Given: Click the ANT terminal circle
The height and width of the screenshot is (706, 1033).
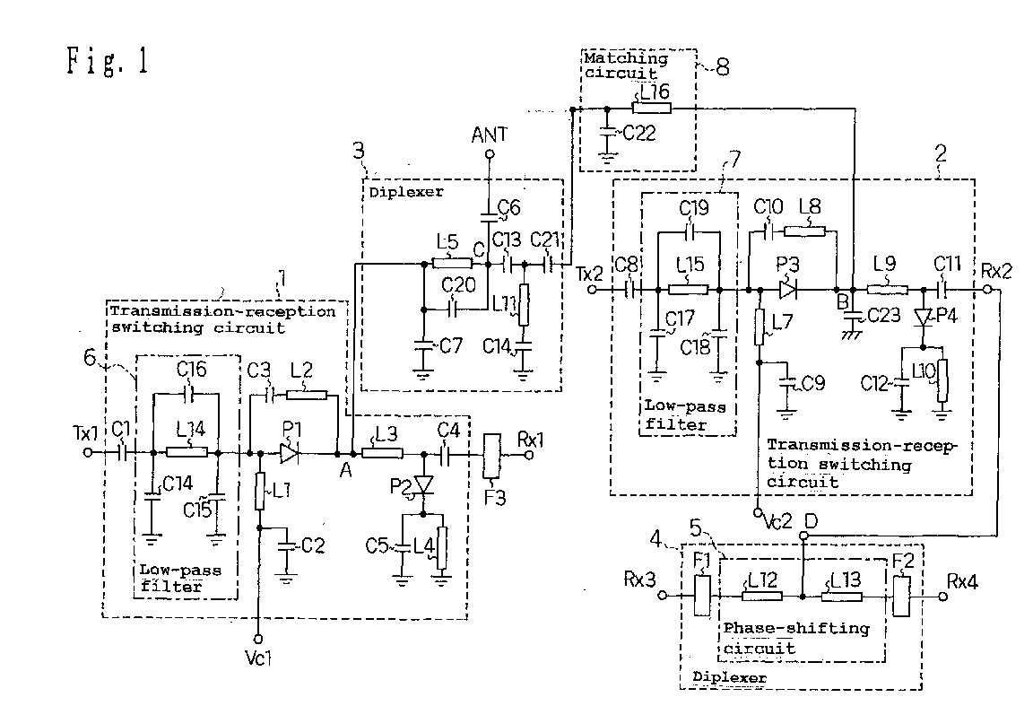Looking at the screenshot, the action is (x=490, y=154).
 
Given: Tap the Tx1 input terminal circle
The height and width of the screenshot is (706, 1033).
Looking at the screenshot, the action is (x=88, y=453).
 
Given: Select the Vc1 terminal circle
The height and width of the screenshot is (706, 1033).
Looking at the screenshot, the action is (x=258, y=639).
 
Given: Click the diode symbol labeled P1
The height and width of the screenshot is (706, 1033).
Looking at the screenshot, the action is (x=290, y=453).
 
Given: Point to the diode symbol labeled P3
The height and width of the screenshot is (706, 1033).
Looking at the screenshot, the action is (x=787, y=290).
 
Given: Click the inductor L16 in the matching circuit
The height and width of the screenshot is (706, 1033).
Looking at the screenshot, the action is (x=652, y=109).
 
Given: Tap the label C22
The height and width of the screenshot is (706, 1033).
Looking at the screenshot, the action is (x=639, y=133).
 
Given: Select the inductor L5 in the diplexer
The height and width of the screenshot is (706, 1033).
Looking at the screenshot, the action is (x=452, y=264).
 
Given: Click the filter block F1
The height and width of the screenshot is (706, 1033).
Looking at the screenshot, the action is (x=703, y=596).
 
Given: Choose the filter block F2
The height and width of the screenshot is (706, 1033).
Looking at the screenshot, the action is (x=901, y=596).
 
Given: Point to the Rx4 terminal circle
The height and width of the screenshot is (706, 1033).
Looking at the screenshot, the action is (x=942, y=596).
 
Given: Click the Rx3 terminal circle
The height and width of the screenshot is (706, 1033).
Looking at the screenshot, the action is (x=663, y=596).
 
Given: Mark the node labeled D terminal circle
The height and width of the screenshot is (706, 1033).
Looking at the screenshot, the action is (x=803, y=536).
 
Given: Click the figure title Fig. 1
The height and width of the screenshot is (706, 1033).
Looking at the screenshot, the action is (x=107, y=61).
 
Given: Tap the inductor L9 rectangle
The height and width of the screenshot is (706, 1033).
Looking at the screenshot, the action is (x=888, y=290).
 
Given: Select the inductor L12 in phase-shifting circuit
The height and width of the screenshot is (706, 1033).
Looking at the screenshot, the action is (x=762, y=596).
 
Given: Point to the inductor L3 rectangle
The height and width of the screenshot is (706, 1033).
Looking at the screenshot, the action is (x=383, y=454).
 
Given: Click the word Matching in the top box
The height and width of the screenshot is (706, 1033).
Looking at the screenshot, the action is (x=626, y=58).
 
